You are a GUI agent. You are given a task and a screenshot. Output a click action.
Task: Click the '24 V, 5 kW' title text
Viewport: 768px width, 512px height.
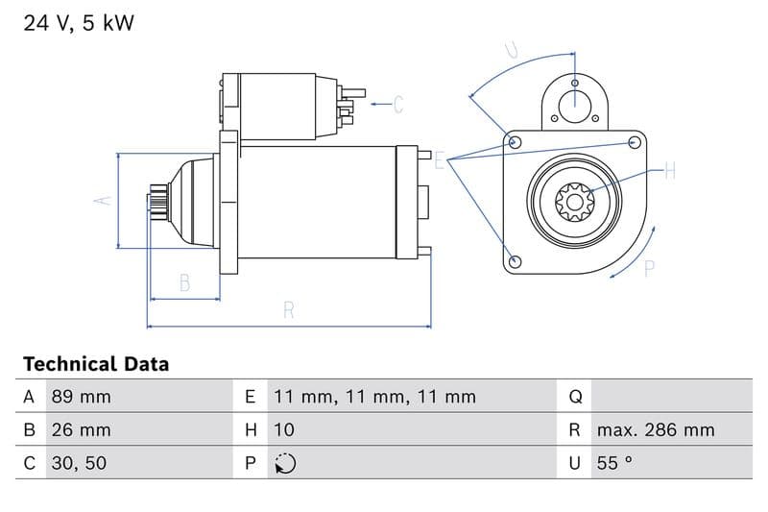click(79, 23)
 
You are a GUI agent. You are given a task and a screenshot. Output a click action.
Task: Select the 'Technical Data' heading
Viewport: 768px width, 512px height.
click(95, 364)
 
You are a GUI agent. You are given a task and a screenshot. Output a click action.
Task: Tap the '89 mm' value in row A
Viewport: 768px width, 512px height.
click(81, 397)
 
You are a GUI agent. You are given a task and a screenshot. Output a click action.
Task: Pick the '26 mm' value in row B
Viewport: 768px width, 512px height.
click(81, 430)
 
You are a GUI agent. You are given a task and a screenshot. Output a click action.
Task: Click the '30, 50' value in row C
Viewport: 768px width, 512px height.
click(78, 463)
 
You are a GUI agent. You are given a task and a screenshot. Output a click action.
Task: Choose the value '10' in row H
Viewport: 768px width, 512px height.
click(284, 430)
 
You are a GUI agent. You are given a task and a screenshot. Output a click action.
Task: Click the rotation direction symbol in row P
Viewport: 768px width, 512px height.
click(285, 463)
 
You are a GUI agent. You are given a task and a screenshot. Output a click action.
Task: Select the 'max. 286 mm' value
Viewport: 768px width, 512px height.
click(655, 430)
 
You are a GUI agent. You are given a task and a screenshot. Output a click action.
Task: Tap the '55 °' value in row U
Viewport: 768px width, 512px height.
click(613, 463)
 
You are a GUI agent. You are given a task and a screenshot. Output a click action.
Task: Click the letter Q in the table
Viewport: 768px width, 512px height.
click(575, 397)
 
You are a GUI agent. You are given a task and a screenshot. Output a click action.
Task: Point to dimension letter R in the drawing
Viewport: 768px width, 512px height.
click(289, 310)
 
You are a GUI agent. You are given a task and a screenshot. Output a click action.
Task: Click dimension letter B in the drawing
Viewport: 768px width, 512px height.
click(184, 283)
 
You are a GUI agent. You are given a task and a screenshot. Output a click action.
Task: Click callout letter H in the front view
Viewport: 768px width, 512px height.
click(670, 172)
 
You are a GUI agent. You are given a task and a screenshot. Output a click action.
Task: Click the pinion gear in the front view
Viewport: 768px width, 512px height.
click(575, 202)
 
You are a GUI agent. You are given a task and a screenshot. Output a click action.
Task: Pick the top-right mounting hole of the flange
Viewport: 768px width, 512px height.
click(634, 142)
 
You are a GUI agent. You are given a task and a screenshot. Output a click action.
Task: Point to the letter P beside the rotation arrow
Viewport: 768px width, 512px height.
click(649, 270)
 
